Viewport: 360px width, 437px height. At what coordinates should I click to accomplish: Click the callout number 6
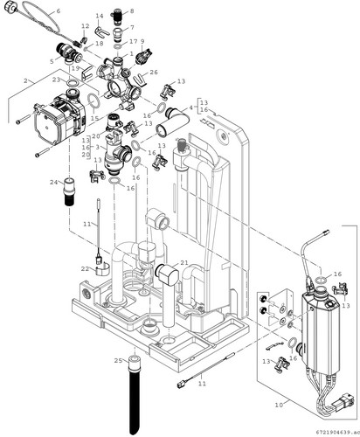59,11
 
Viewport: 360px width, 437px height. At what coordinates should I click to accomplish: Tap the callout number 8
132,11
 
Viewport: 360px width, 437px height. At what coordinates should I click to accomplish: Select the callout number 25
118,361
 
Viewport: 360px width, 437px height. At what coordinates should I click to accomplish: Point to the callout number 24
53,183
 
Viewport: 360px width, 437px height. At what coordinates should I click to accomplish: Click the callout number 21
184,263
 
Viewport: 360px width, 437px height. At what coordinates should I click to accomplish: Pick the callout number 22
85,269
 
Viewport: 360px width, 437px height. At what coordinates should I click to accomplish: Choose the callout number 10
279,405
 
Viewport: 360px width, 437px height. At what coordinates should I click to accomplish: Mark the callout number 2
25,80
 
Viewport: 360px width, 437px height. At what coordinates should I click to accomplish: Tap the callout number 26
154,72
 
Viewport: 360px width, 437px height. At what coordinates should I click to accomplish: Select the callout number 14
100,16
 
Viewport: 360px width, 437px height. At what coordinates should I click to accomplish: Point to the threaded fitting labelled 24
70,191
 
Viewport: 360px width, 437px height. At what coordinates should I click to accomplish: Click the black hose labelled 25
135,395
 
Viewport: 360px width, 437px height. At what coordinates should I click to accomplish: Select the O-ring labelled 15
93,100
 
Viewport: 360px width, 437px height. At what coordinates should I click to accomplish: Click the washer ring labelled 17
118,47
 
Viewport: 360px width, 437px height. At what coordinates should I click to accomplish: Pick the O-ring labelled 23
72,83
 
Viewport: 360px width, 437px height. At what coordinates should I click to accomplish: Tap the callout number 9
142,41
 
